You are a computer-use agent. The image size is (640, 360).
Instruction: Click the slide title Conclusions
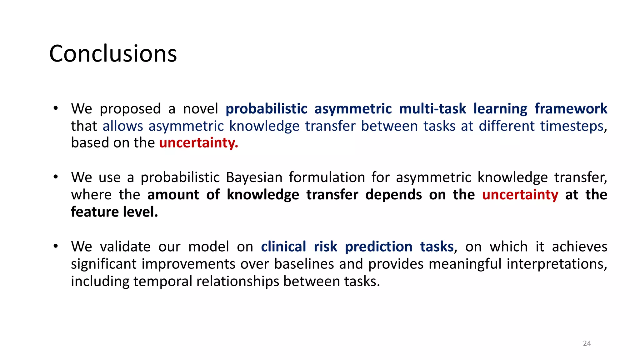tap(113, 53)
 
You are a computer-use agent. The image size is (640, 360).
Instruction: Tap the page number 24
tap(587, 343)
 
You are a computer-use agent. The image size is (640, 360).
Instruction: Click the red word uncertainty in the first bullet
tap(198, 143)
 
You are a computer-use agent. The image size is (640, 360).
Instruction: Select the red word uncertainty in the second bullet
tap(520, 195)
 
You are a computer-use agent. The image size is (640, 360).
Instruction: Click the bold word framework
tap(571, 109)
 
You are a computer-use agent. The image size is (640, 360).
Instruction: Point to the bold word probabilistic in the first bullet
tap(266, 109)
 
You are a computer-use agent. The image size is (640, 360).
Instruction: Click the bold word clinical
tap(283, 247)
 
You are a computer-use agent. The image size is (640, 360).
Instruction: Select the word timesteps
tap(572, 126)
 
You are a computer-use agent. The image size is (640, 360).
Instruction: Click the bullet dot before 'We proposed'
tap(56, 108)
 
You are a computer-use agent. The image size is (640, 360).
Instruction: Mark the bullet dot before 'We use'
tap(56, 177)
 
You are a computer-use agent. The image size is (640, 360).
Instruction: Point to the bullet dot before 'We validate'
tap(56, 246)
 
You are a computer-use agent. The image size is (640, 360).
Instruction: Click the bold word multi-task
tap(432, 109)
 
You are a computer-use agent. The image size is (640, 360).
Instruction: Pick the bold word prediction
tap(378, 247)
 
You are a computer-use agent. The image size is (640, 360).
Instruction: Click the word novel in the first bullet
tap(200, 109)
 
